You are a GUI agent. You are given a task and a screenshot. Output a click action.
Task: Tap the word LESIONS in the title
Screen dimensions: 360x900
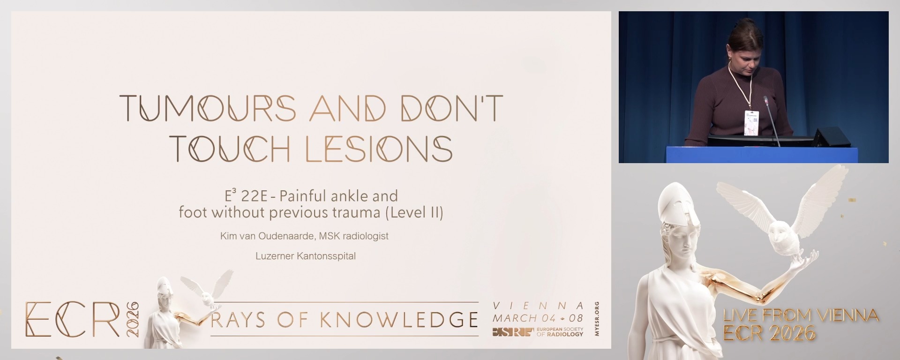tap(379, 149)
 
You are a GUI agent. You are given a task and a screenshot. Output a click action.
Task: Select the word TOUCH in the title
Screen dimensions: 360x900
tap(230, 149)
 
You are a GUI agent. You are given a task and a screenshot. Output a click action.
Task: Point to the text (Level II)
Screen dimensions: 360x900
tap(414, 213)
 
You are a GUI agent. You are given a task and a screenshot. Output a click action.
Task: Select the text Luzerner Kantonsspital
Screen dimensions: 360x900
tap(305, 256)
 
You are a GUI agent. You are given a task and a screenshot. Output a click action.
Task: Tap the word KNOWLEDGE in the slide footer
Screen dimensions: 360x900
tap(398, 320)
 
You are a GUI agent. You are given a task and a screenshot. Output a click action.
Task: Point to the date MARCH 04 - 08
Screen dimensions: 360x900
tap(538, 318)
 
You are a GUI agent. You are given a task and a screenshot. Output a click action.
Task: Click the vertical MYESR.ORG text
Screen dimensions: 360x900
tap(596, 319)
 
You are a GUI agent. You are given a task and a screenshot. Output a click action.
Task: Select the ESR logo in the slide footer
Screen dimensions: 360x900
tap(512, 332)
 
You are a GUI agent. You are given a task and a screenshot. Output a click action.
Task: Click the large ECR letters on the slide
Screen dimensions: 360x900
tap(73, 319)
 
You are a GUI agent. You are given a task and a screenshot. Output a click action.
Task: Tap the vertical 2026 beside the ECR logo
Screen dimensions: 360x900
tap(133, 319)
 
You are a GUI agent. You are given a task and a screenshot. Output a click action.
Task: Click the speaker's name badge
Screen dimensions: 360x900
tap(751, 123)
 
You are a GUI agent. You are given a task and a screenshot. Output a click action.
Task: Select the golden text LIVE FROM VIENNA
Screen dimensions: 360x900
tap(801, 315)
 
